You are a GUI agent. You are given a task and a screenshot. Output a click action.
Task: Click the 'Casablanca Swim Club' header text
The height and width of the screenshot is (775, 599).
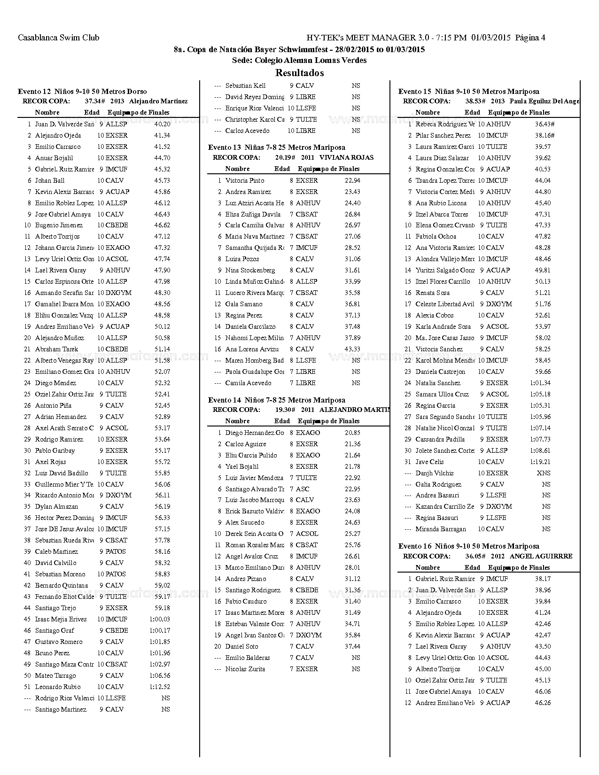[x=59, y=38]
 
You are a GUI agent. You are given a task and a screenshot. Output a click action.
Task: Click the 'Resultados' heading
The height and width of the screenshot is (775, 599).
[x=299, y=73]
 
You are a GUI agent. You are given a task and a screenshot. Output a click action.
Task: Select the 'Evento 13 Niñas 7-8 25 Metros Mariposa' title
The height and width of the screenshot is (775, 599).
[x=277, y=147]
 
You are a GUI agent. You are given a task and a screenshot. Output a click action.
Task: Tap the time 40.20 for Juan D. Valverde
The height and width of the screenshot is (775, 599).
[x=162, y=124]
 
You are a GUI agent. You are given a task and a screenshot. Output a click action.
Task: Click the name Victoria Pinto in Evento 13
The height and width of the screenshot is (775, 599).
[x=245, y=180]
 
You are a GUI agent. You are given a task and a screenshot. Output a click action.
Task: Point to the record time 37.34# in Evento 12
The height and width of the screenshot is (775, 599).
[x=94, y=101]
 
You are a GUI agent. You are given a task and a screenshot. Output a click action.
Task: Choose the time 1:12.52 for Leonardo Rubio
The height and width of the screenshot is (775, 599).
[x=160, y=687]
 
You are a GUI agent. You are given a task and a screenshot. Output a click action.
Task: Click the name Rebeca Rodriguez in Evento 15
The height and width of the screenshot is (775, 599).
[x=444, y=124]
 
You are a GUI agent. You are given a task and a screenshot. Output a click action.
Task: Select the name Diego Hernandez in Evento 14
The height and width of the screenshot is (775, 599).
[x=254, y=433]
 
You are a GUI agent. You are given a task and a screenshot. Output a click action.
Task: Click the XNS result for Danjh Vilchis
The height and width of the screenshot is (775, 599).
[x=544, y=473]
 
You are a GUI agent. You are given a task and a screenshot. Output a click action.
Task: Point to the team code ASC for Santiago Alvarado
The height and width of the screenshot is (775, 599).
[x=303, y=489]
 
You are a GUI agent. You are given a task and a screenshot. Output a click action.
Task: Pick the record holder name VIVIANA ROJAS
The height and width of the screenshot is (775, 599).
[x=346, y=157]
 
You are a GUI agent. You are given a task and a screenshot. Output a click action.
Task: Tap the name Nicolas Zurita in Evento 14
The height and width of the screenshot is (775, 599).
[x=245, y=669]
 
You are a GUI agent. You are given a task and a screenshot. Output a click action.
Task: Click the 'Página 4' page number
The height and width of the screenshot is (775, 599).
[x=530, y=38]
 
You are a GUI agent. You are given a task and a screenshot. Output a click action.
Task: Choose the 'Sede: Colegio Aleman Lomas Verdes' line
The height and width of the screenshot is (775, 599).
[x=299, y=60]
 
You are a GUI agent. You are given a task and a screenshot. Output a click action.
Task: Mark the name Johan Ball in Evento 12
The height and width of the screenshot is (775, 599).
[x=50, y=180]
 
